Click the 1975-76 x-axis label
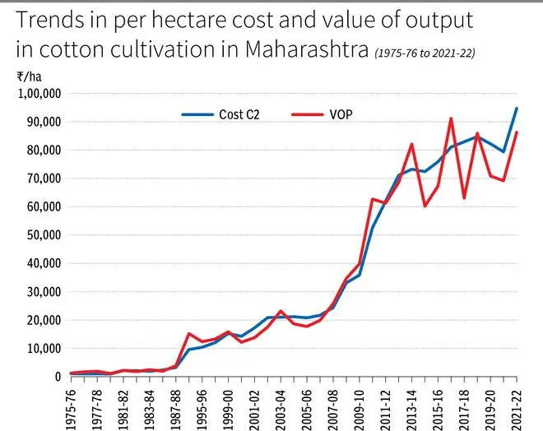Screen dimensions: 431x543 72,403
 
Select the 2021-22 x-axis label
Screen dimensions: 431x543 517,403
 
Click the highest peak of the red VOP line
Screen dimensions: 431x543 451,118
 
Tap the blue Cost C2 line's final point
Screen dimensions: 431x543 517,108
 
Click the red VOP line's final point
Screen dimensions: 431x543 517,132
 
